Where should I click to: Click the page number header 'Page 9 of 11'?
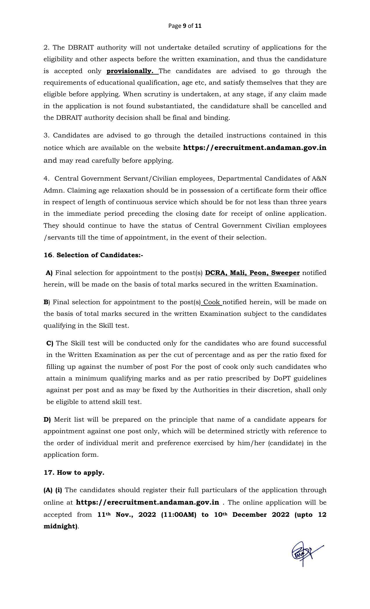185,26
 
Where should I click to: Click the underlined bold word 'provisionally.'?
130,71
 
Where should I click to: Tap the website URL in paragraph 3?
255,148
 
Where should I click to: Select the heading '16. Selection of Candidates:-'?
93,255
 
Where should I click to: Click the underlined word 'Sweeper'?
285,273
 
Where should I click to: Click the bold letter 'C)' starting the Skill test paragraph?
50,343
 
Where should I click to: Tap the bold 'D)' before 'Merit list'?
47,420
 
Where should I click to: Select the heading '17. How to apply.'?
74,472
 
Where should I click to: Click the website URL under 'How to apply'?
147,502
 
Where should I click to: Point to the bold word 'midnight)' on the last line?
61,526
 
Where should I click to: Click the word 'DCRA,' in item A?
216,273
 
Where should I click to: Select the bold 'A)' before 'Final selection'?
49,273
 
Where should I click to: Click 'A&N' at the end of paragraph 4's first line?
319,179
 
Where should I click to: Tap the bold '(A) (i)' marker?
53,490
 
